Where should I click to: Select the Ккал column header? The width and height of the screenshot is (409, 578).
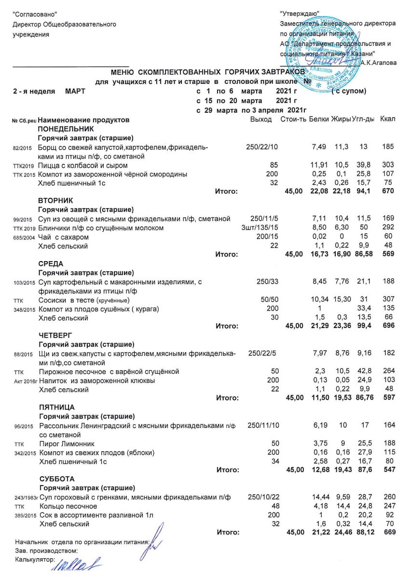[x=388, y=119]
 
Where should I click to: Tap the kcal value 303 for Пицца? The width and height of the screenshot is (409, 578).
[x=388, y=165]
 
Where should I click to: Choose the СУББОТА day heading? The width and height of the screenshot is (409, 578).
[x=56, y=479]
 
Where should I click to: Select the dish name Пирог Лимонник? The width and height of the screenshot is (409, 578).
[x=67, y=443]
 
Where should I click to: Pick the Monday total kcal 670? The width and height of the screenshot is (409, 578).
[x=388, y=192]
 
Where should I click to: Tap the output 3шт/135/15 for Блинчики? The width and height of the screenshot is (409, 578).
[x=261, y=228]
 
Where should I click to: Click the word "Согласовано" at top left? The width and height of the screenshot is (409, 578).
[x=33, y=14]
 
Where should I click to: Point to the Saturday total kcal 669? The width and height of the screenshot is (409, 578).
[x=388, y=532]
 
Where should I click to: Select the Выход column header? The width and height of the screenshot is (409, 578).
[x=261, y=119]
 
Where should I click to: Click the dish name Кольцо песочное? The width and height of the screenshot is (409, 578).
[x=68, y=506]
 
